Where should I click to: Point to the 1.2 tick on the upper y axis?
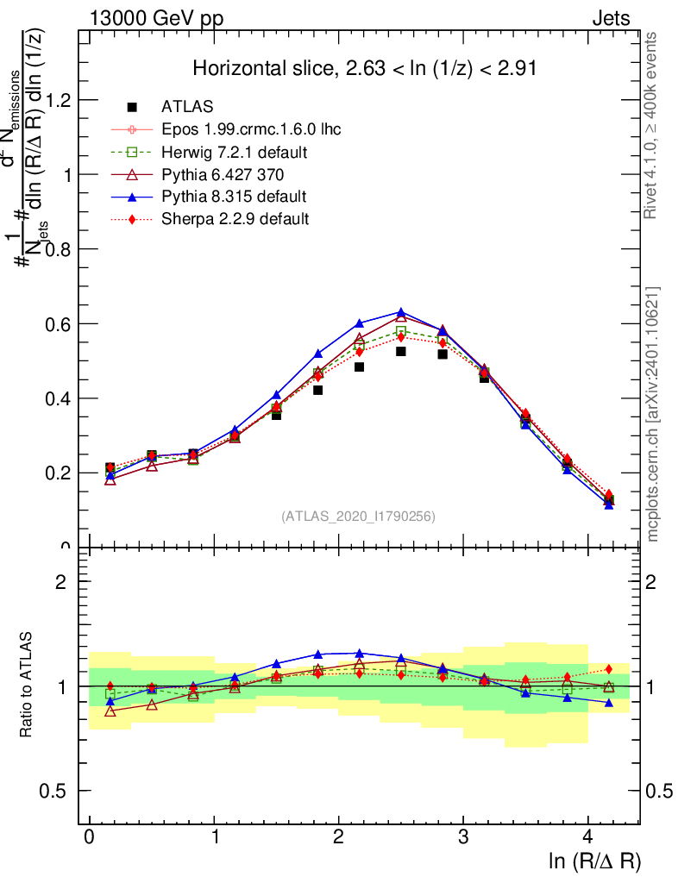[x=62, y=100]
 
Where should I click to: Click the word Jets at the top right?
[x=611, y=19]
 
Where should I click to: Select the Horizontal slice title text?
[x=365, y=69]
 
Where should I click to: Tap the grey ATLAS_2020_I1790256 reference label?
[x=358, y=516]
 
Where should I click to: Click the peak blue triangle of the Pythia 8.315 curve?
[x=401, y=312]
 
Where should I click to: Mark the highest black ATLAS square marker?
[x=401, y=352]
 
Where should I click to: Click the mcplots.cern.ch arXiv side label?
[x=654, y=414]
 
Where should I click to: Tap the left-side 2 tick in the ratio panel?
[x=62, y=581]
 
